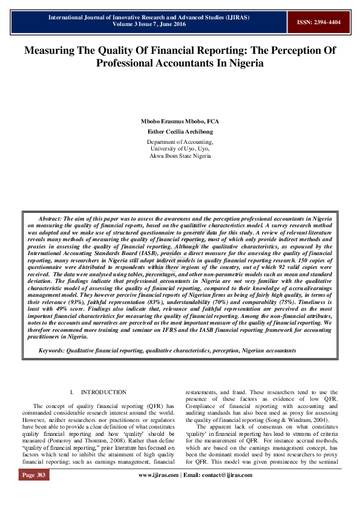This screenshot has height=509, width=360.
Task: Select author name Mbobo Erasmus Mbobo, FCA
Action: pos(180,121)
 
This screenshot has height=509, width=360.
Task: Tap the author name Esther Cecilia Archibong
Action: pos(180,131)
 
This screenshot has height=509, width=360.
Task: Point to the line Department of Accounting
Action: pos(180,141)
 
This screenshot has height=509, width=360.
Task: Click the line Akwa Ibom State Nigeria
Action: pos(180,155)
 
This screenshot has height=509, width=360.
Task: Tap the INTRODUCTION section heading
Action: pos(103,392)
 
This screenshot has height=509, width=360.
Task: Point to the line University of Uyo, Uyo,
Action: pos(180,148)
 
